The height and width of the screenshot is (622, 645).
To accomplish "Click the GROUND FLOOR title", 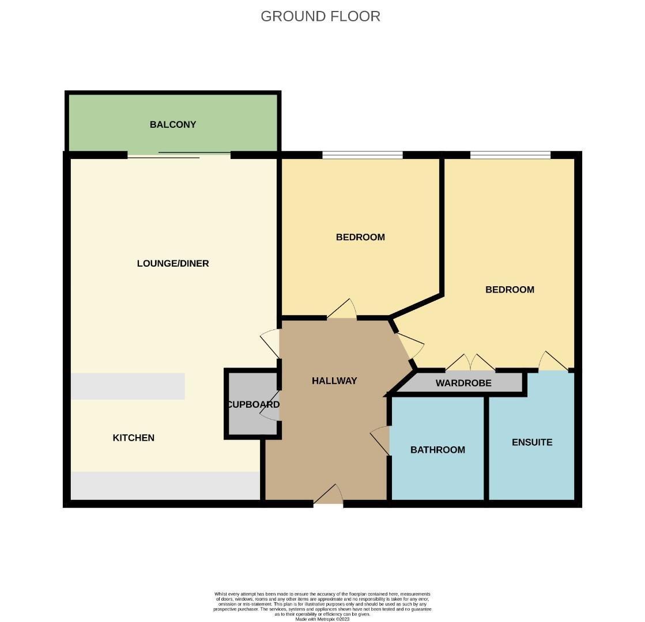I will pos(320,16).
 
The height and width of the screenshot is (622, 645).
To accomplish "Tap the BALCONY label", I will pos(173,124).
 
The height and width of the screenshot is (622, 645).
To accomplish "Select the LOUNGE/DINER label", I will pos(173,263).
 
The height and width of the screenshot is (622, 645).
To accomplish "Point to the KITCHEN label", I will pos(133,438).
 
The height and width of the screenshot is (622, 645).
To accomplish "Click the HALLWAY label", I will pos(334,381).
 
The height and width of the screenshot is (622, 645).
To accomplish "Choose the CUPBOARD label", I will pos(254,404).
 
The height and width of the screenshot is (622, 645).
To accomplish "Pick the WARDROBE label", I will pos(463,383).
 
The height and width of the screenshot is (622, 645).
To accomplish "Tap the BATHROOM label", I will pos(437,450).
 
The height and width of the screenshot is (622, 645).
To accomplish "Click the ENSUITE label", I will pos(532,442).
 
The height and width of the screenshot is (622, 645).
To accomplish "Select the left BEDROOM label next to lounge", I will pos(360,237).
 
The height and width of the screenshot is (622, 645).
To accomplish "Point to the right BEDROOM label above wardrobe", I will pos(510,290).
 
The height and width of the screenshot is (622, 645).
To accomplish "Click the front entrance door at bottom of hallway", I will pos(329,496).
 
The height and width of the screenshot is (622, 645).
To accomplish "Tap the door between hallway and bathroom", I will pos(380,441).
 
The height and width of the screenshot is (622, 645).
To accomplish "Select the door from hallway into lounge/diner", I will pos(270,343).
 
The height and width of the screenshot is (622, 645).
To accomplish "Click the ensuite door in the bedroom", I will pos(553,361).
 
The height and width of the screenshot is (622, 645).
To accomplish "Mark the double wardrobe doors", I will pos(470,363).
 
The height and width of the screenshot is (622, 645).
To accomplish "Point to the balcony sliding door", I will pos(179,154).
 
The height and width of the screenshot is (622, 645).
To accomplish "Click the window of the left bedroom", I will pos(362,154).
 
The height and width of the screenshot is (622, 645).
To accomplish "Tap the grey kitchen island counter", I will pos(128,386).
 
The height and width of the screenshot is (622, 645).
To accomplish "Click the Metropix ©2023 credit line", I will pos(322,619).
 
